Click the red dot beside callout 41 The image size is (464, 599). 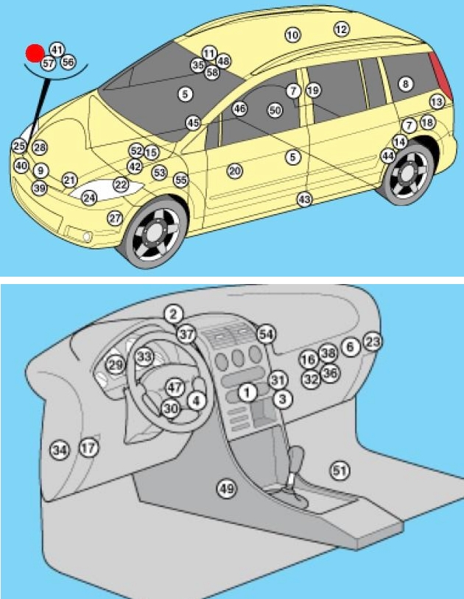(34, 53)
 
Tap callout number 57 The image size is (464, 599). (48, 64)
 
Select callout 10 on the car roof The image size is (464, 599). (292, 35)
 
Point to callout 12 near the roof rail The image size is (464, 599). (341, 29)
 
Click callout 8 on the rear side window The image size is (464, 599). (404, 84)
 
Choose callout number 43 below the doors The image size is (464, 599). (304, 199)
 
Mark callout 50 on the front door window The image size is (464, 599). (275, 110)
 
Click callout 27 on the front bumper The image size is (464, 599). (115, 218)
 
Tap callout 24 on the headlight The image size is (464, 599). (89, 198)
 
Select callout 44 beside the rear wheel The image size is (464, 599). (387, 155)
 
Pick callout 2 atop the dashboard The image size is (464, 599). (172, 314)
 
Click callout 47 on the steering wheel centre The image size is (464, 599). (174, 386)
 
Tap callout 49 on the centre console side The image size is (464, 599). (225, 487)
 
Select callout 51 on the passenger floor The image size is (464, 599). (339, 469)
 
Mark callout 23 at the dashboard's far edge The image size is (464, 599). (373, 341)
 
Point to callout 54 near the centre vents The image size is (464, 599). (266, 334)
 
